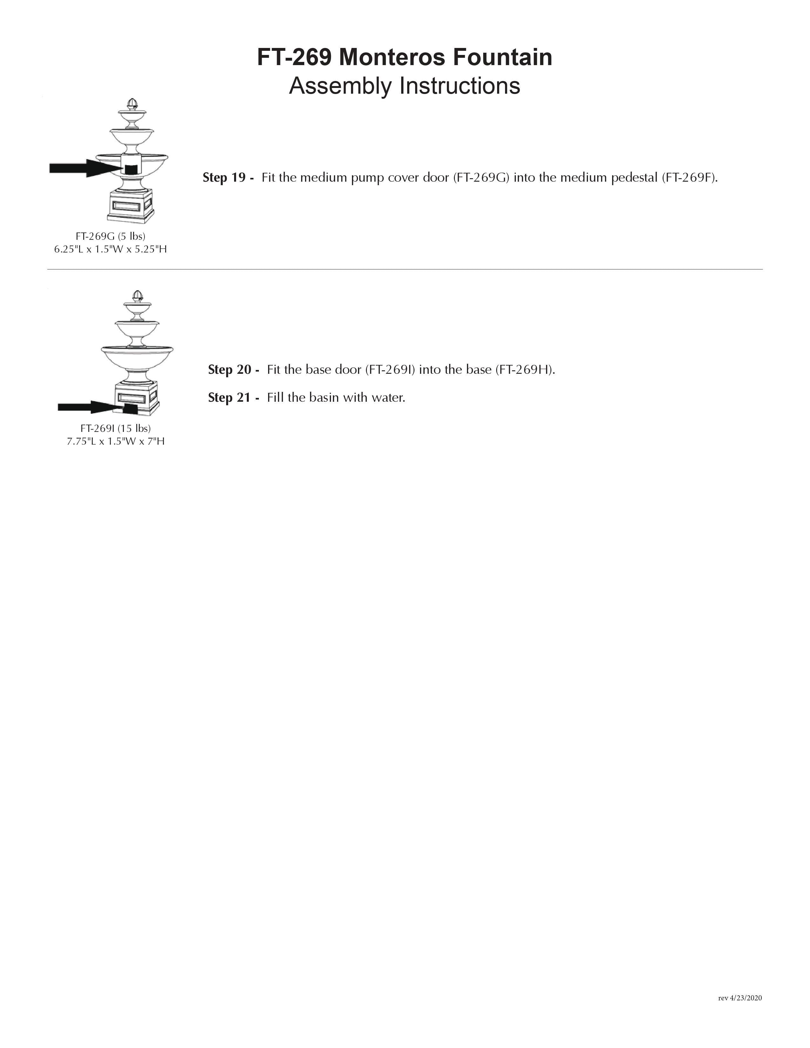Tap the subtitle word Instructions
point(460,86)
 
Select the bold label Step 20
point(233,369)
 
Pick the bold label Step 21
point(233,397)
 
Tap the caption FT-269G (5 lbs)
point(110,236)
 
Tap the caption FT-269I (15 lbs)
point(116,428)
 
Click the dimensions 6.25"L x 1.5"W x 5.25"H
point(110,249)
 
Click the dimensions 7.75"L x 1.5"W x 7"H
point(116,441)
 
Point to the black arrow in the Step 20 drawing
point(86,407)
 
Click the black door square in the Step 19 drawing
point(131,169)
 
